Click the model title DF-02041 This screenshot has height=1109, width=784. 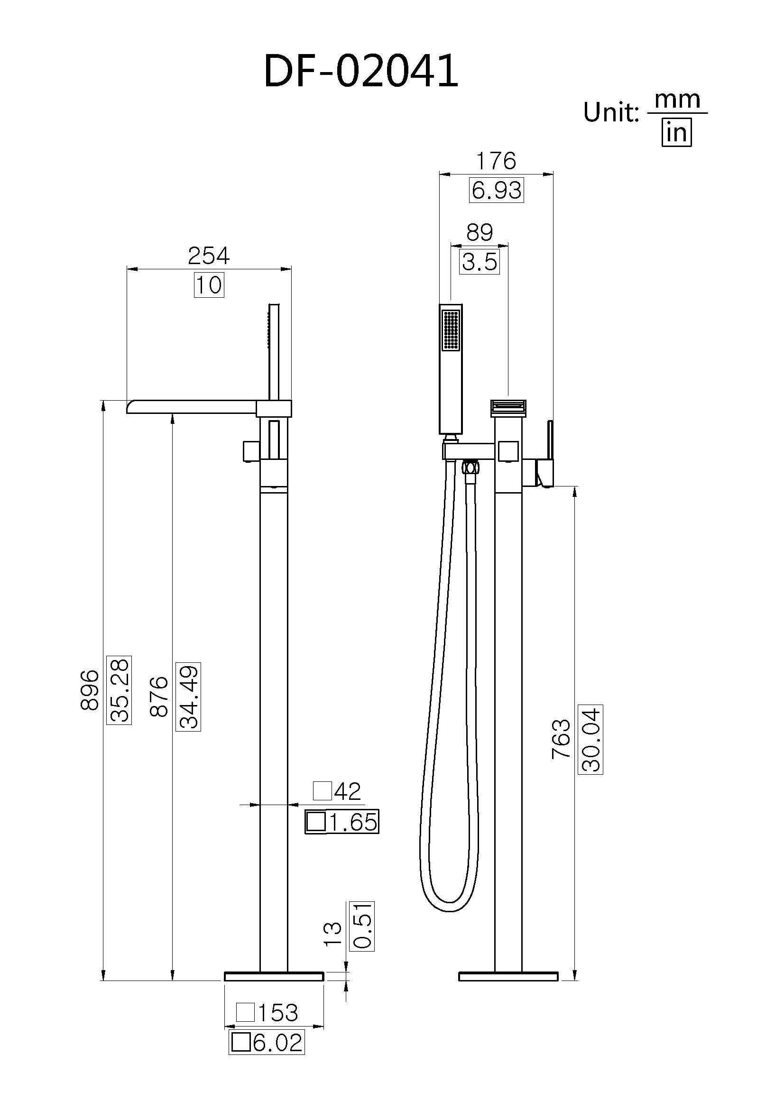(361, 71)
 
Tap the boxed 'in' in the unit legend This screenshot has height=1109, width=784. (676, 132)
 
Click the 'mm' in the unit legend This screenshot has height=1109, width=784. (677, 101)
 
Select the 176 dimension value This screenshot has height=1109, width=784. (496, 161)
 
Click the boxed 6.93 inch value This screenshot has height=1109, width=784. (496, 190)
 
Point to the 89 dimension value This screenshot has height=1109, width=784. (479, 233)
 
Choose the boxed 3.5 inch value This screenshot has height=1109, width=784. (479, 262)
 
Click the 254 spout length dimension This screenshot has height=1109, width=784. (209, 256)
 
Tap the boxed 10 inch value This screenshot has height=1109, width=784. (209, 285)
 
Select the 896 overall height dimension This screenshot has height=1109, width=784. (90, 690)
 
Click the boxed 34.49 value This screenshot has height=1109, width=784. (188, 697)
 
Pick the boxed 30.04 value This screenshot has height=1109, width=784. (590, 739)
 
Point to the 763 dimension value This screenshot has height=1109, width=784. (561, 739)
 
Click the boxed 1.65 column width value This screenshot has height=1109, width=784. (342, 822)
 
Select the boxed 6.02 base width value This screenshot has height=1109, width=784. (267, 1043)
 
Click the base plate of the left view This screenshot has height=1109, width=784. (274, 976)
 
